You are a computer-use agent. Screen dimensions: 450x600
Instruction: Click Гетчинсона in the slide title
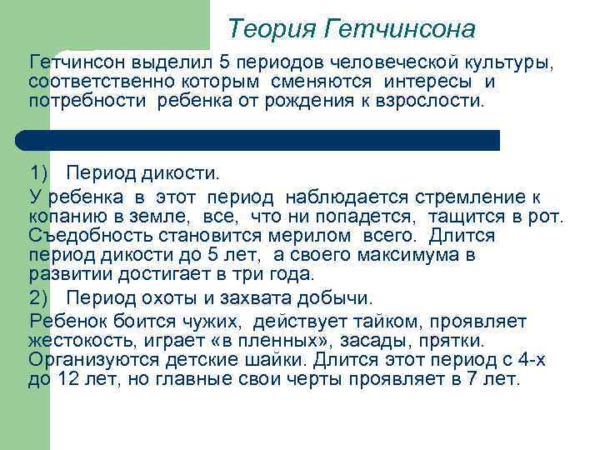tap(400, 30)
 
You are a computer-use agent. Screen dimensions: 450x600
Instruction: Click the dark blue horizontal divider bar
tap(258, 140)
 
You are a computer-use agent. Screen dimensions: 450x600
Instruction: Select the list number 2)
tap(41, 297)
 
